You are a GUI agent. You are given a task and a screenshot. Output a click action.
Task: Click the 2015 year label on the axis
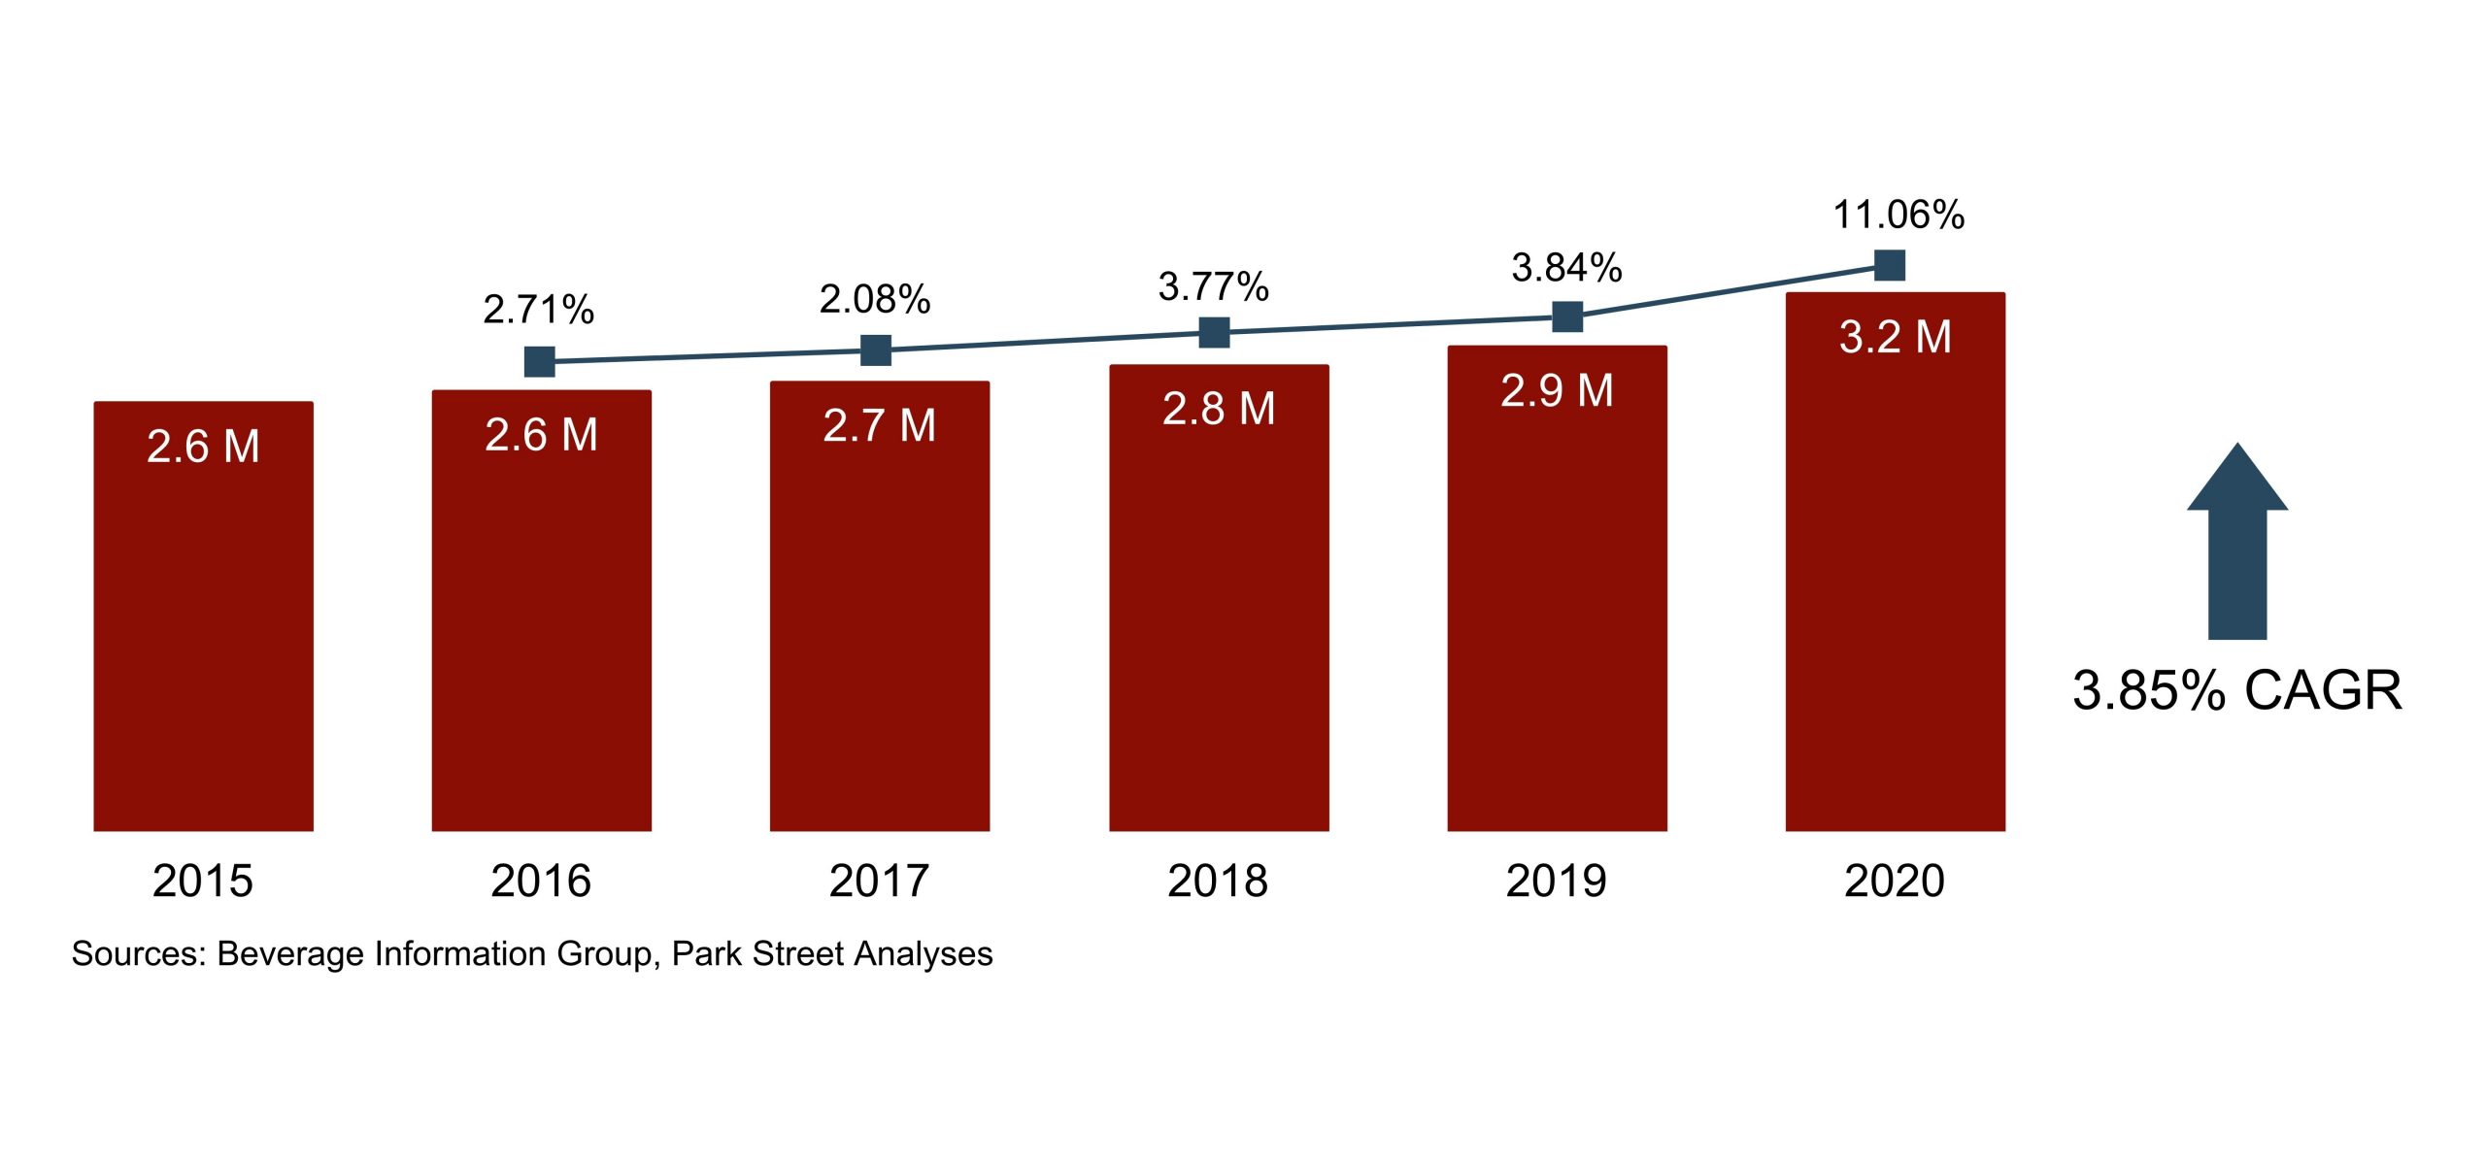pos(202,882)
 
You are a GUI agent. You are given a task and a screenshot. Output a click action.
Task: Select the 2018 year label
pos(1218,882)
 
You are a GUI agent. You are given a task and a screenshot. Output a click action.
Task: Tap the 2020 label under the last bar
pos(1895,882)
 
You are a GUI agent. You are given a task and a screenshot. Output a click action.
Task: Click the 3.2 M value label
pos(1895,337)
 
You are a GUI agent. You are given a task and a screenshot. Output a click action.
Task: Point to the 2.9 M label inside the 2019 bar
pos(1557,390)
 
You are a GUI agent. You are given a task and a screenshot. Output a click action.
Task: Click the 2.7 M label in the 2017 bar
pos(879,425)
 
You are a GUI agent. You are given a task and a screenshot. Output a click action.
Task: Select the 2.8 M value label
pos(1218,409)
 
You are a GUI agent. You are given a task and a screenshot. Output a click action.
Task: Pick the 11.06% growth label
pos(1898,215)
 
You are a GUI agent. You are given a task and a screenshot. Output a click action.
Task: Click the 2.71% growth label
pos(538,310)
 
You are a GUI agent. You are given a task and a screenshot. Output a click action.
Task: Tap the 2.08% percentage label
pos(875,299)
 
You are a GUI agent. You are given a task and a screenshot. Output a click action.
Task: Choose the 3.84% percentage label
pos(1566,267)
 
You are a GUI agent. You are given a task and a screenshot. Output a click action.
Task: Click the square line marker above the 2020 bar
pos(1889,265)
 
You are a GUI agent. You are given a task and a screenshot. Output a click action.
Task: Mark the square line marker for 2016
pos(539,362)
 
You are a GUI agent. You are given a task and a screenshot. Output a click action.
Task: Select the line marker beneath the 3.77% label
pos(1214,333)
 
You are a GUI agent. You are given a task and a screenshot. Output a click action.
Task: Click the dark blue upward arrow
pos(2236,544)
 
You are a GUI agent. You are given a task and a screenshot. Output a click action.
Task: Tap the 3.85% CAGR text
pos(2236,690)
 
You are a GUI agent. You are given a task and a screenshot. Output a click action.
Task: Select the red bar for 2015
pos(203,631)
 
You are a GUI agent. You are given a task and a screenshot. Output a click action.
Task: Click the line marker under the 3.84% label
pos(1567,316)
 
